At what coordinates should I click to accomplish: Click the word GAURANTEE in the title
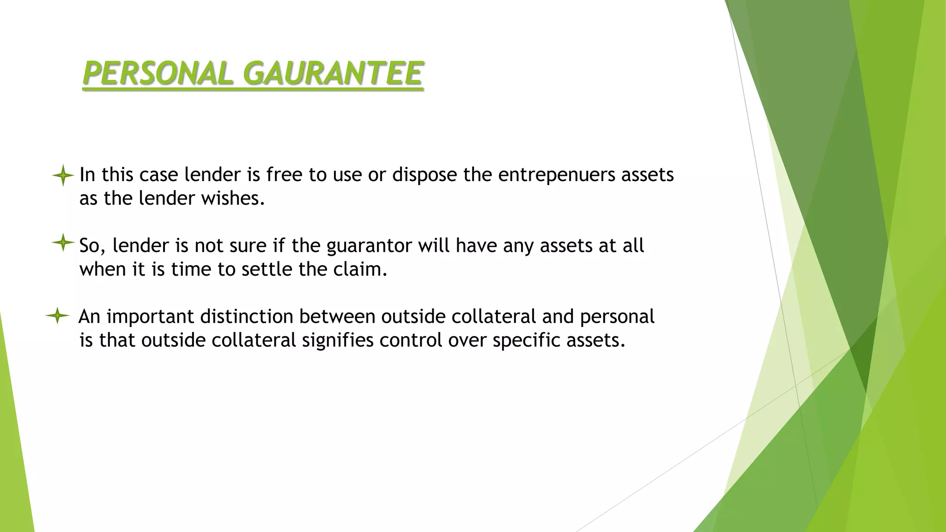[333, 74]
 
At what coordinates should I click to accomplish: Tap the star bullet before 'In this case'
[63, 175]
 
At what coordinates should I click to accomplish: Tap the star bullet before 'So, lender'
[63, 242]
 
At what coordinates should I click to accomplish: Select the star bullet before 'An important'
[57, 316]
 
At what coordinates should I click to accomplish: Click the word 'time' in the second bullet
[191, 269]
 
